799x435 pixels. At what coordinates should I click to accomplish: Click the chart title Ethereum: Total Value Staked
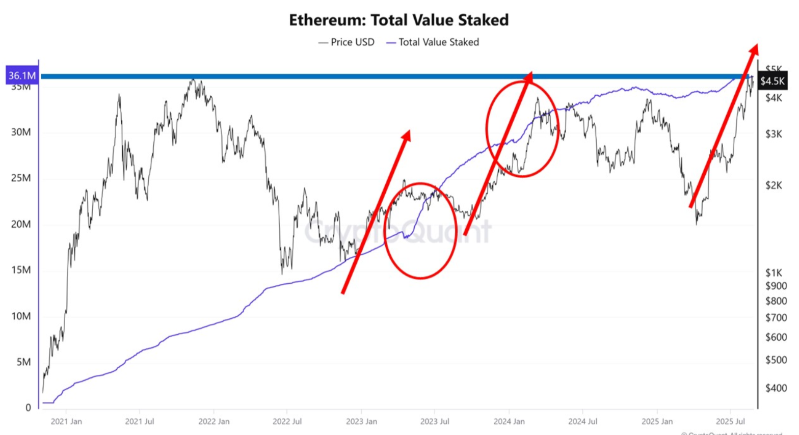398,20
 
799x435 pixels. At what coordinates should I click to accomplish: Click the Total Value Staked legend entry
433,42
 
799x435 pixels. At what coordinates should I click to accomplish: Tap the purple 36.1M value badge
22,75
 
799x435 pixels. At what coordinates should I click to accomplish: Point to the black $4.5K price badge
772,81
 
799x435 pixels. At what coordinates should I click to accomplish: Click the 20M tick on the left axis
21,224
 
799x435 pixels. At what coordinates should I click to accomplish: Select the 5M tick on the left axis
23,362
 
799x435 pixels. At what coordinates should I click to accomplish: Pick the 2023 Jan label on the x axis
361,421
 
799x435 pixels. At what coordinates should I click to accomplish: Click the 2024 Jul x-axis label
582,421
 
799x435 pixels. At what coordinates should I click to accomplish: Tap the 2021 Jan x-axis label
66,421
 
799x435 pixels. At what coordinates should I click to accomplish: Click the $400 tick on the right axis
776,388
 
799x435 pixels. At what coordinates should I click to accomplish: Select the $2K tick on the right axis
774,185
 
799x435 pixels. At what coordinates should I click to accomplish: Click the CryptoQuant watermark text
397,232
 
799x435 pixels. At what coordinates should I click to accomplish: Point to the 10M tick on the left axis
21,316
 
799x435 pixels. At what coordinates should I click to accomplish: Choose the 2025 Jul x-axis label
730,421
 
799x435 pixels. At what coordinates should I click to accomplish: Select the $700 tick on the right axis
776,318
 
